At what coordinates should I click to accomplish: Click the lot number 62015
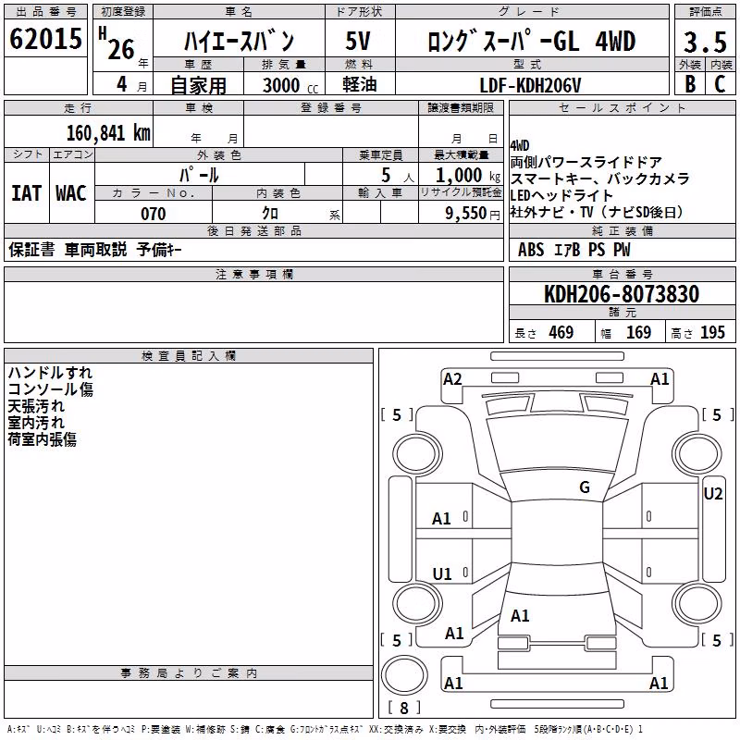[45, 39]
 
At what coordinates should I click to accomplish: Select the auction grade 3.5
[705, 42]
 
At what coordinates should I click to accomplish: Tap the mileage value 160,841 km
[108, 133]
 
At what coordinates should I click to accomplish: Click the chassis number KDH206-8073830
[622, 294]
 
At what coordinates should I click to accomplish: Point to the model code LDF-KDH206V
[530, 85]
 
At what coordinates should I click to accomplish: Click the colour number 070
[154, 214]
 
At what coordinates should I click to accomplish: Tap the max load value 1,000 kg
[468, 176]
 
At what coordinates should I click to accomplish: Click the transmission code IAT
[27, 193]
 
